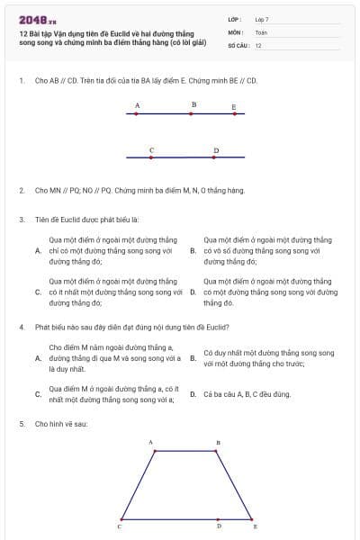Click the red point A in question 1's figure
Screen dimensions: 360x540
pyautogui.click(x=137, y=114)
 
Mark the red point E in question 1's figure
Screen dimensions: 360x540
pyautogui.click(x=234, y=115)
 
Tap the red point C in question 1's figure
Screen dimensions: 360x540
pyautogui.click(x=151, y=157)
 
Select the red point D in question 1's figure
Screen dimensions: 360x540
pyautogui.click(x=215, y=157)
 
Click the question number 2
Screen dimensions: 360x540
pyautogui.click(x=21, y=191)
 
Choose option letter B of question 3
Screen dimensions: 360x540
pyautogui.click(x=193, y=251)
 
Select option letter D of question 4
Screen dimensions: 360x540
pyautogui.click(x=193, y=394)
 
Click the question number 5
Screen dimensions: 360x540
pyautogui.click(x=21, y=423)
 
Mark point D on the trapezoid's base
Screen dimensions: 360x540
pyautogui.click(x=218, y=519)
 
